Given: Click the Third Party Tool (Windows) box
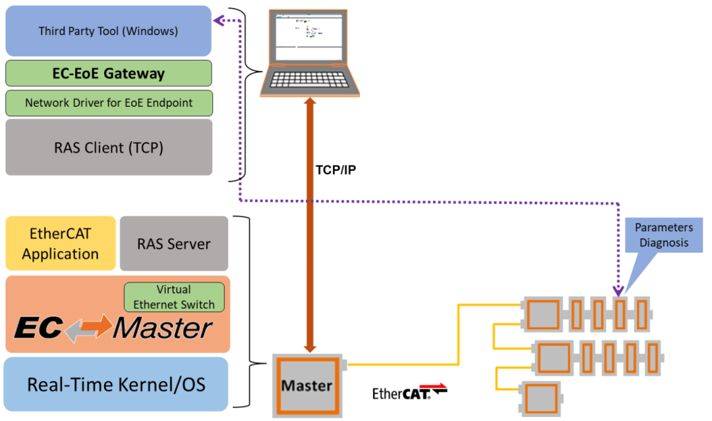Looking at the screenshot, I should tap(108, 31).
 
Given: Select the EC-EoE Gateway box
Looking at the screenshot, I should tap(108, 73).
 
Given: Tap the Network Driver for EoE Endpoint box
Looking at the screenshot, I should tap(108, 103).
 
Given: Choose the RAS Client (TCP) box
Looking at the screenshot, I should tap(108, 147).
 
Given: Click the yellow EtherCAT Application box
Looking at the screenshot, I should tap(60, 243).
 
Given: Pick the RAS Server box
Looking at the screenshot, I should tap(174, 243).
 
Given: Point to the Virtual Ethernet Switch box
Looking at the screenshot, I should tap(174, 297).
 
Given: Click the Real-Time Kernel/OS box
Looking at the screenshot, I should tap(115, 385).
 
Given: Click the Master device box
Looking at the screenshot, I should tap(307, 385).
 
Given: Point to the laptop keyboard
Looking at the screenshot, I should tap(309, 81).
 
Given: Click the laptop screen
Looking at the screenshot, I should tap(309, 36).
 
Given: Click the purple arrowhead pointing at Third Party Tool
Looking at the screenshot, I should tap(218, 21).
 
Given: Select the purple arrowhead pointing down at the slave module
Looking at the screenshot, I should tap(619, 290).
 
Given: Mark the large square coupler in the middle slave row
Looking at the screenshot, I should tap(556, 358).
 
